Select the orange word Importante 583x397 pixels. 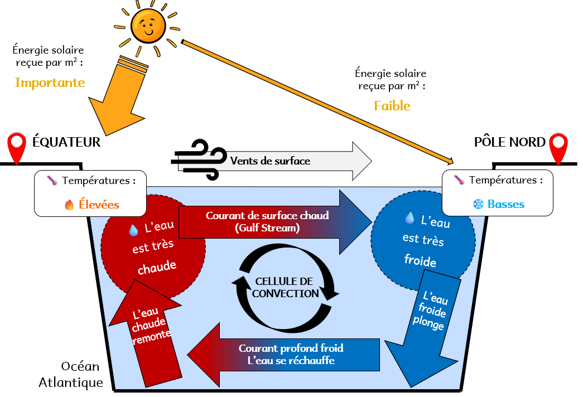click(50, 83)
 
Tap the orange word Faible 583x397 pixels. click(392, 106)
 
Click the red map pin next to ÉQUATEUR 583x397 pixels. click(17, 146)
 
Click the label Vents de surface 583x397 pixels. click(270, 161)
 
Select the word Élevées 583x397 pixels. click(99, 205)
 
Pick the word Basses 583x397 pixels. click(506, 204)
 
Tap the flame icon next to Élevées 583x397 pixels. click(69, 205)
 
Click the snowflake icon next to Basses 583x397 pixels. click(478, 205)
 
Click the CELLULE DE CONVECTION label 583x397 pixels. click(285, 287)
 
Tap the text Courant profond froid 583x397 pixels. click(291, 348)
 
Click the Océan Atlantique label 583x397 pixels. click(71, 375)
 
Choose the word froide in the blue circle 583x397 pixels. click(420, 261)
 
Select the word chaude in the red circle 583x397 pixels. click(157, 267)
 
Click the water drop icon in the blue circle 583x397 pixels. click(409, 218)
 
